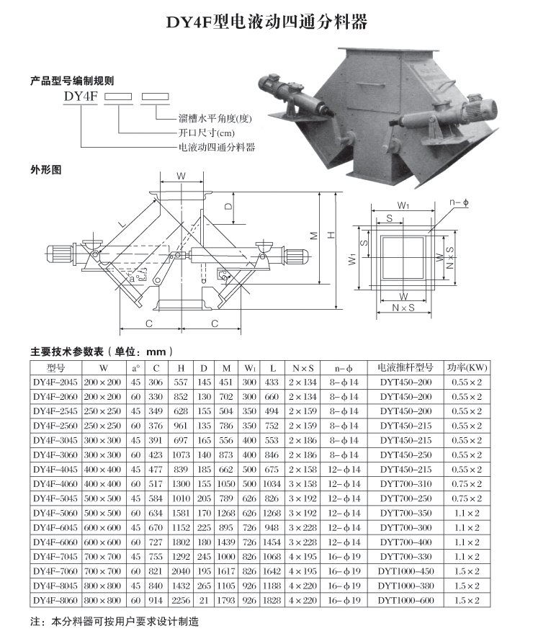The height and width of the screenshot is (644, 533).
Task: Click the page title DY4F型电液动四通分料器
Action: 267,22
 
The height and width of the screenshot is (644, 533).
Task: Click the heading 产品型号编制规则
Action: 72,81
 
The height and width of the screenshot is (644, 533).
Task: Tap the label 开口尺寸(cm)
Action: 206,133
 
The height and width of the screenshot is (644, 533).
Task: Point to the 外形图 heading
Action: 47,171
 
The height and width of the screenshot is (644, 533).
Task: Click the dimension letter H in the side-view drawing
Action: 332,235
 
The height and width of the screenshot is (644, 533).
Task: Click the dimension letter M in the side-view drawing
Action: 314,236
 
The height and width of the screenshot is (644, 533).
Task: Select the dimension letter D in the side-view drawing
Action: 228,207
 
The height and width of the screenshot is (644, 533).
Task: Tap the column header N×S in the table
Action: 303,367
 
